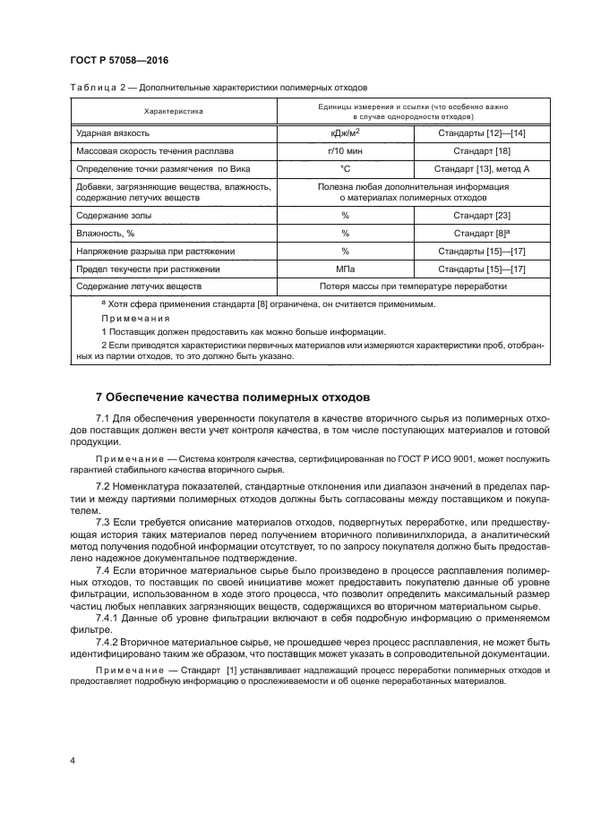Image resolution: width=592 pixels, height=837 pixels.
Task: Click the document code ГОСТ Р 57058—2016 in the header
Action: tap(119, 60)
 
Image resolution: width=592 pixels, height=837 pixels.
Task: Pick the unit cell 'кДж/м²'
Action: tap(344, 133)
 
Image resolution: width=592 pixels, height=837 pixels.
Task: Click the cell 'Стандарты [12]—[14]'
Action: tap(481, 133)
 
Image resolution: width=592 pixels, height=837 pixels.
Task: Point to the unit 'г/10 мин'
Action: tap(344, 150)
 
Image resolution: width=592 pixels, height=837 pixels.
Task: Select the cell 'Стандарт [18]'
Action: tap(481, 150)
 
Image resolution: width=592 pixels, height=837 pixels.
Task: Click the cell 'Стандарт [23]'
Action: tap(481, 216)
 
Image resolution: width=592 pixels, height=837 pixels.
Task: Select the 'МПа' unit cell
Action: tap(344, 268)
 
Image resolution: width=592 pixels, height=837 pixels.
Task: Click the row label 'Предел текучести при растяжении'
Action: tap(149, 268)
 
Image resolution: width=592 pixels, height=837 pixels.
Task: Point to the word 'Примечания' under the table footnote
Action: tap(128, 318)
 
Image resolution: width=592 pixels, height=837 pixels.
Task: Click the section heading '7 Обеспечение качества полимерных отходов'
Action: tap(231, 397)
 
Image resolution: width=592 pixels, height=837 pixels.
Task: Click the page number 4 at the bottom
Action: tap(72, 761)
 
